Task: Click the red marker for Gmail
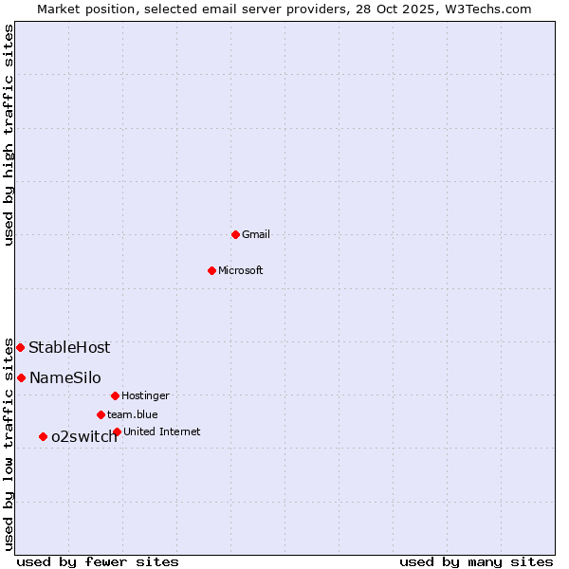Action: point(235,234)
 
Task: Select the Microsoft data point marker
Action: point(211,270)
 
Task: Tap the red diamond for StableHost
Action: point(20,347)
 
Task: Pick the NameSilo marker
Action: point(21,377)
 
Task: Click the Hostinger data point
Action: point(115,395)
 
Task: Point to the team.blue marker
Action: point(101,414)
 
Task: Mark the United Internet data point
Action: point(117,431)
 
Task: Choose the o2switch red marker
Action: point(43,436)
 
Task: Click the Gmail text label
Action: point(257,234)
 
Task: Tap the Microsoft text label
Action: point(241,270)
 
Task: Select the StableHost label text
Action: point(69,347)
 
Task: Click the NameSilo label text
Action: point(65,377)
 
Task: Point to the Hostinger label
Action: point(145,395)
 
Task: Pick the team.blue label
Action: point(133,414)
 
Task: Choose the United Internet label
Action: point(162,431)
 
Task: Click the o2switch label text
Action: point(84,436)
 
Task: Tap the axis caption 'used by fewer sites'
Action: point(98,561)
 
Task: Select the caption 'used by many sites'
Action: point(476,561)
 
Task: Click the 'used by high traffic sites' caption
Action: point(9,135)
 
